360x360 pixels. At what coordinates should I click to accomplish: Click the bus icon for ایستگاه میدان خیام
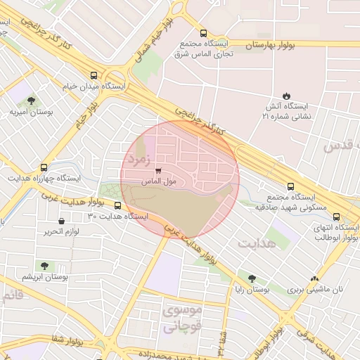(94, 75)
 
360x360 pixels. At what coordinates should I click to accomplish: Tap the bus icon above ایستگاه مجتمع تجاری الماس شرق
(203, 33)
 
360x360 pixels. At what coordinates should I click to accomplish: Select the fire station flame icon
(286, 96)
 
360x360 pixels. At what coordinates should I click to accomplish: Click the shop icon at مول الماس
(157, 171)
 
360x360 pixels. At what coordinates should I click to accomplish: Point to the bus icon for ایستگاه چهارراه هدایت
(44, 168)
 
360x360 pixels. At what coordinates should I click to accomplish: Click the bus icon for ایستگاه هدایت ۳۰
(117, 206)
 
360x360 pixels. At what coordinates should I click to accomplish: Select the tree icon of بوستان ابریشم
(44, 266)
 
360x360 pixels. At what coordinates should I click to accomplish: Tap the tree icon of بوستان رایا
(252, 278)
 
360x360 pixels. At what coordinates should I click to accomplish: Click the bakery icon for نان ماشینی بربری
(314, 278)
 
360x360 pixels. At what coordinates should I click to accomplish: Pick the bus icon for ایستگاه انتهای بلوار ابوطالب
(336, 217)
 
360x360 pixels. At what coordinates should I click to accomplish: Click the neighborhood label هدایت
(256, 244)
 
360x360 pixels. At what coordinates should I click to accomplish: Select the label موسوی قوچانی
(182, 318)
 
